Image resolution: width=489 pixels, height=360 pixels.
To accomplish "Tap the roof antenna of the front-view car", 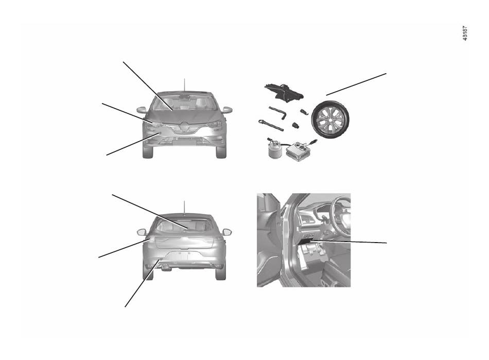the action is [x=184, y=85].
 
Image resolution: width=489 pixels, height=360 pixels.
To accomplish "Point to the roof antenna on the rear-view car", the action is [x=184, y=208].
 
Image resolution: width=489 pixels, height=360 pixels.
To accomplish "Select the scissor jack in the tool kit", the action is [x=284, y=92].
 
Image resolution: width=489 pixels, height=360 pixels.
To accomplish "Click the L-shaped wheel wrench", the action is [x=277, y=113].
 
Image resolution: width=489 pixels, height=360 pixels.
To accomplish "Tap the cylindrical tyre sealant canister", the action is [x=274, y=149].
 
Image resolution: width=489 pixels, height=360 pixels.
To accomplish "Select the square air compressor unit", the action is [x=299, y=152].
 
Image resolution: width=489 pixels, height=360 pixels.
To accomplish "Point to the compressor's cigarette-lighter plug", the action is [x=313, y=142].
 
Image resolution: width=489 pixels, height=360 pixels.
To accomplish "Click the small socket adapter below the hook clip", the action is [x=295, y=125].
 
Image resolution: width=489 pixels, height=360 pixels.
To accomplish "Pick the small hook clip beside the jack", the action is [x=304, y=111].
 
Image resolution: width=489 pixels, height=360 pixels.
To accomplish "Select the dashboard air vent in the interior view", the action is [x=307, y=218].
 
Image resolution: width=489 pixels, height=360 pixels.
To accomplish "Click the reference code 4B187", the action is [x=465, y=33].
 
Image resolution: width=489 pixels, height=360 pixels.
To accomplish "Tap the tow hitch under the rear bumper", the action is [x=166, y=268].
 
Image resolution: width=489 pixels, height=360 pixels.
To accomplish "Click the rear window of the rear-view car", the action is [x=184, y=225].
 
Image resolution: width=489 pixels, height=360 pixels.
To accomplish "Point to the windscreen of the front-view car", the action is [x=184, y=103].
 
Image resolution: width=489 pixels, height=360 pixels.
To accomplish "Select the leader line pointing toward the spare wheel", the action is [x=356, y=84].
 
